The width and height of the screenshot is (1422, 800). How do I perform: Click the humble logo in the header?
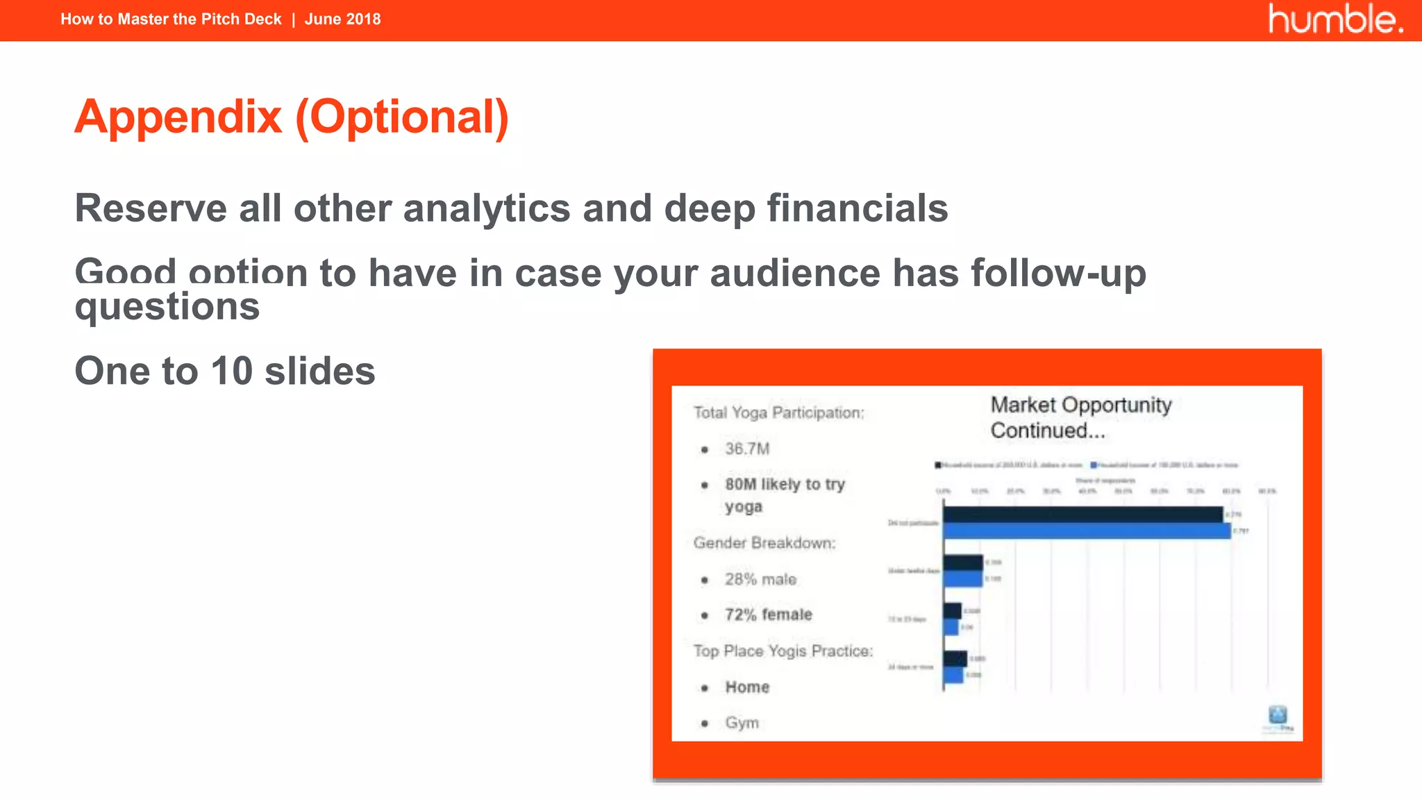pyautogui.click(x=1335, y=19)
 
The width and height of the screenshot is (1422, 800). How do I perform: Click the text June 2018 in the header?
pyautogui.click(x=342, y=19)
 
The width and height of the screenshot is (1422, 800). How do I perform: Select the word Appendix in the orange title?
pyautogui.click(x=178, y=117)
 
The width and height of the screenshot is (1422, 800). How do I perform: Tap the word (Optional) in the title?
pyautogui.click(x=402, y=117)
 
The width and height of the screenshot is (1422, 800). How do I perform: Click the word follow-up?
pyautogui.click(x=1058, y=272)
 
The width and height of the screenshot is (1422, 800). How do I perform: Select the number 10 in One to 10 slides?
pyautogui.click(x=231, y=371)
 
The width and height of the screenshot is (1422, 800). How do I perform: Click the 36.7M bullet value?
pyautogui.click(x=747, y=449)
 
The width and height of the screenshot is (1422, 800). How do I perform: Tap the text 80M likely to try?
pyautogui.click(x=785, y=484)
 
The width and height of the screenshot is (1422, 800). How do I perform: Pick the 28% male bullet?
pyautogui.click(x=760, y=579)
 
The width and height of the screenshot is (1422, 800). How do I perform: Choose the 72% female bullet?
pyautogui.click(x=768, y=615)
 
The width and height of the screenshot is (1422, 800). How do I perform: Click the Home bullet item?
pyautogui.click(x=747, y=687)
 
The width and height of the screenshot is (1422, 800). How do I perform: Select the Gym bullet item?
pyautogui.click(x=742, y=723)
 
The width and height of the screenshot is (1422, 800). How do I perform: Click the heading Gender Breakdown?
pyautogui.click(x=764, y=543)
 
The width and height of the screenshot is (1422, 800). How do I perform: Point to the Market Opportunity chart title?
pyautogui.click(x=1080, y=417)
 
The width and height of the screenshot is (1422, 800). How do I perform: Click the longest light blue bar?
pyautogui.click(x=1087, y=531)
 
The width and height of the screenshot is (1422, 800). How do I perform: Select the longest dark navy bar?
pyautogui.click(x=1082, y=515)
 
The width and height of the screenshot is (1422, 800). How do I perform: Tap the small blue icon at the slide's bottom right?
pyautogui.click(x=1278, y=715)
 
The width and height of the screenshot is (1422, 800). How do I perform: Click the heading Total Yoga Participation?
pyautogui.click(x=778, y=412)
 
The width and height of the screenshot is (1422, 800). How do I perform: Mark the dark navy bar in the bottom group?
pyautogui.click(x=955, y=658)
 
